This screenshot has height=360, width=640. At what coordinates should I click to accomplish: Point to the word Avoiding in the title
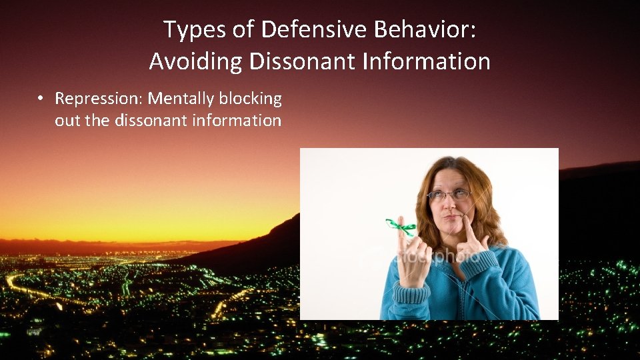pyautogui.click(x=196, y=62)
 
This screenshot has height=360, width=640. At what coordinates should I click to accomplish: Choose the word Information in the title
pyautogui.click(x=427, y=62)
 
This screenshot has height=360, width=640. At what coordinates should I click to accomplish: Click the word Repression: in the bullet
pyautogui.click(x=99, y=99)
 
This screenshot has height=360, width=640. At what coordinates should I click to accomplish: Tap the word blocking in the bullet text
pyautogui.click(x=251, y=99)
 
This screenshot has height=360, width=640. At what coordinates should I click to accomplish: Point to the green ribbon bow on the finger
pyautogui.click(x=401, y=227)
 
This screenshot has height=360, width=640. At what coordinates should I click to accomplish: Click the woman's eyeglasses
pyautogui.click(x=451, y=195)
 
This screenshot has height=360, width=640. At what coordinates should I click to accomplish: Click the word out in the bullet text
pyautogui.click(x=66, y=121)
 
